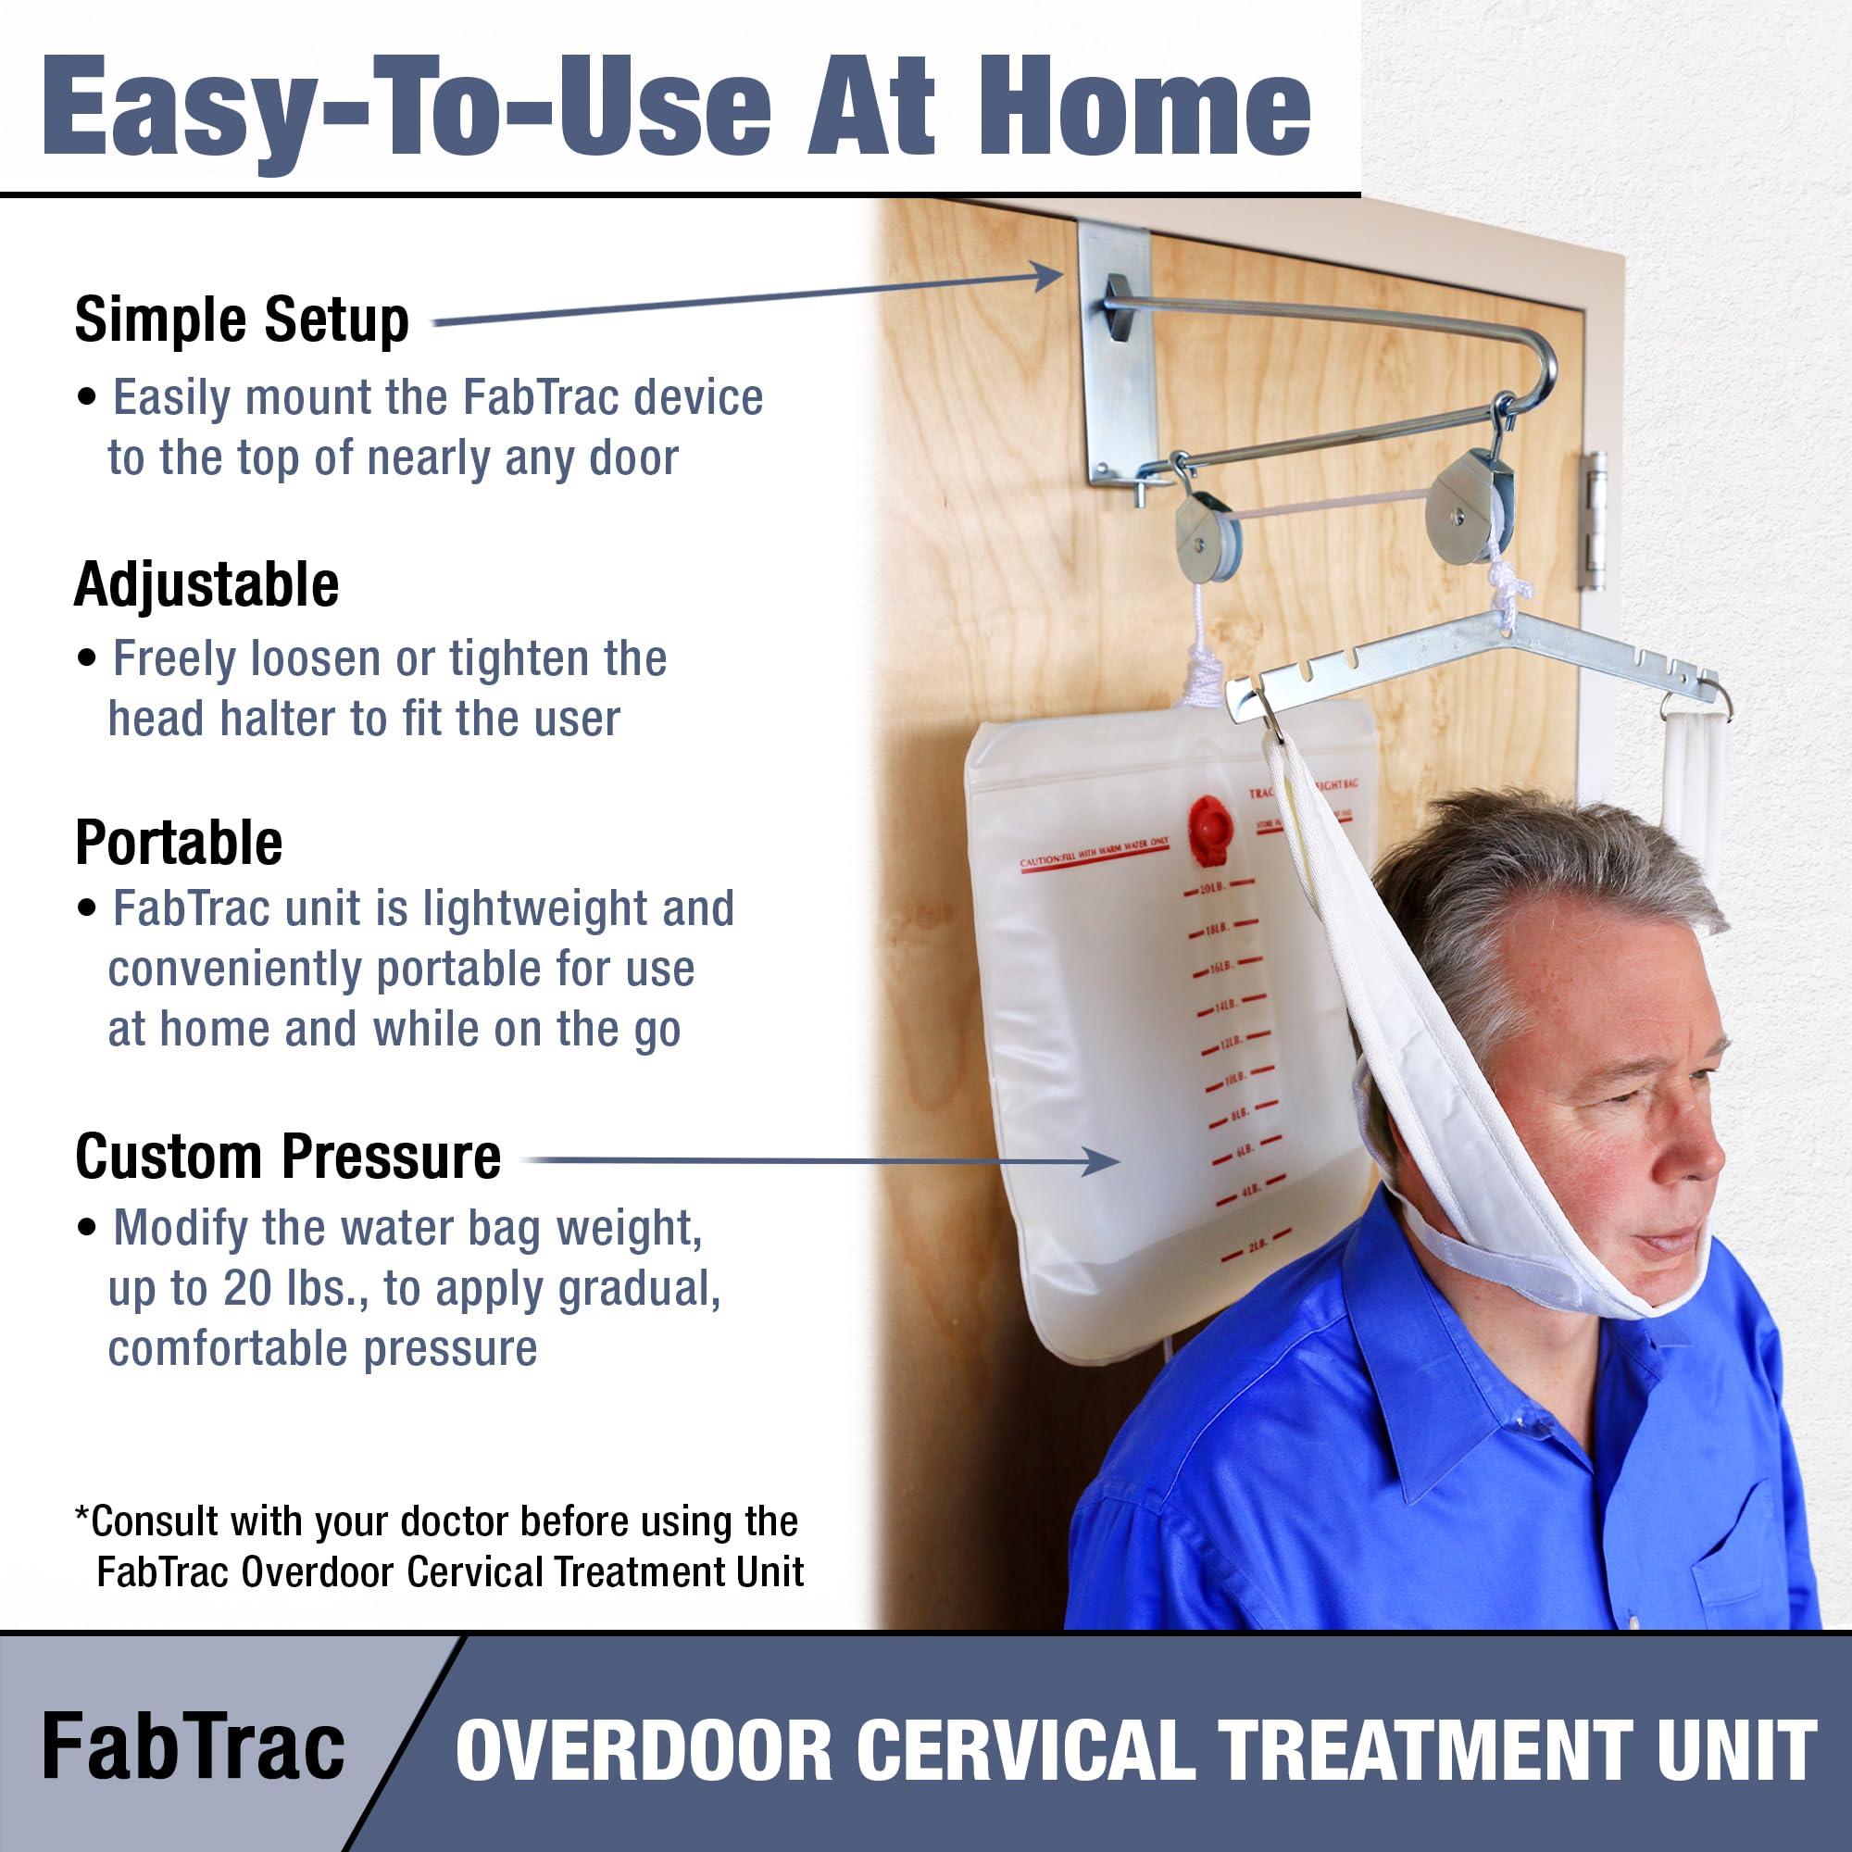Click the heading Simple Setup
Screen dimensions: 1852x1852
pyautogui.click(x=242, y=320)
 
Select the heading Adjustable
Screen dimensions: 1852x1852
pyautogui.click(x=206, y=583)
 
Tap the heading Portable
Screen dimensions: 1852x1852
pyautogui.click(x=179, y=843)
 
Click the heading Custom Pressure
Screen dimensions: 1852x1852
pyautogui.click(x=288, y=1157)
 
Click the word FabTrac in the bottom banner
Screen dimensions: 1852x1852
pyautogui.click(x=193, y=1747)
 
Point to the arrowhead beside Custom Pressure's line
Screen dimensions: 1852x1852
pyautogui.click(x=1102, y=1161)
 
